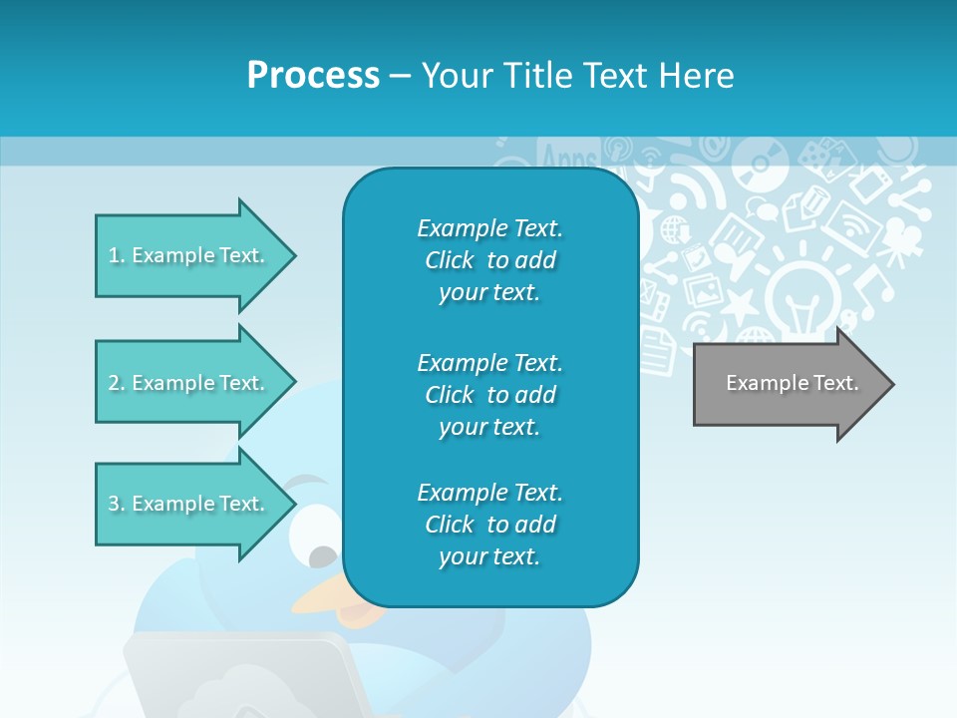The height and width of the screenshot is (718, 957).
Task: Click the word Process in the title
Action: tap(313, 76)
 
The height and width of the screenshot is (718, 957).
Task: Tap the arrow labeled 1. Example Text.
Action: tap(187, 255)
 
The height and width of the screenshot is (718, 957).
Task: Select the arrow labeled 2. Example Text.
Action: tap(187, 383)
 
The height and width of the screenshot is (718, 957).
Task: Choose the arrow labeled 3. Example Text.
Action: tap(187, 504)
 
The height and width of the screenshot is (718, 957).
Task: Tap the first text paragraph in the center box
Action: tap(489, 260)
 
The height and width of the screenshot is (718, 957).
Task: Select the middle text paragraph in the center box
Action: tap(489, 395)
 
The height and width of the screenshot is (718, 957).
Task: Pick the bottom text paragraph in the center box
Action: tap(489, 525)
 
